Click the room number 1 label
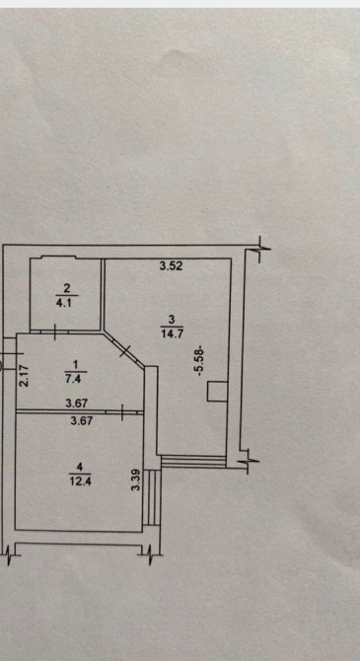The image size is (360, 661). pos(76,363)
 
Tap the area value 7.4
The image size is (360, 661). pos(76,378)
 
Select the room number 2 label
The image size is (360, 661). pos(67,288)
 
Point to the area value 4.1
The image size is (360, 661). pos(67,303)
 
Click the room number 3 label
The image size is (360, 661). pos(172,320)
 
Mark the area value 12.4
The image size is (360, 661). pos(80,481)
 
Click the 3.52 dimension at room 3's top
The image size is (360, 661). pos(172,266)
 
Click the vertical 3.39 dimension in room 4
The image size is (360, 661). pos(135,480)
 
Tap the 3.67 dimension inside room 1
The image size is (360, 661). pos(76,404)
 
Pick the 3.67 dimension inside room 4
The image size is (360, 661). pos(82,420)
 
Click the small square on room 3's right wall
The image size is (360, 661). pos(217,392)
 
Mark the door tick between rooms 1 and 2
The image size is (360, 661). pos(55,332)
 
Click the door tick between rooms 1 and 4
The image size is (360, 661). pos(122,412)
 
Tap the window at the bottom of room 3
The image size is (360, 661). pos(193,461)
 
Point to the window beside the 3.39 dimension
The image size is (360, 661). pos(152,497)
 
